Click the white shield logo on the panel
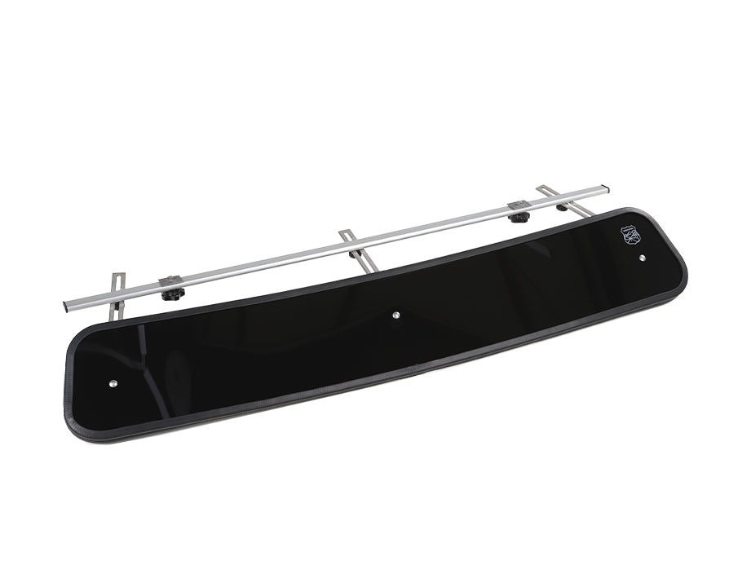coord(631,236)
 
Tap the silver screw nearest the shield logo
coord(643,258)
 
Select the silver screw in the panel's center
coord(396,314)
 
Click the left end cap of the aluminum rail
coord(65,307)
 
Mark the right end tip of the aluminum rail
coord(605,188)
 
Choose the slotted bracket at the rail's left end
coord(117,293)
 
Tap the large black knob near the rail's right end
coord(518,217)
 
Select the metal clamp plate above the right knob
coord(517,205)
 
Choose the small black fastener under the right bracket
coord(562,207)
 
